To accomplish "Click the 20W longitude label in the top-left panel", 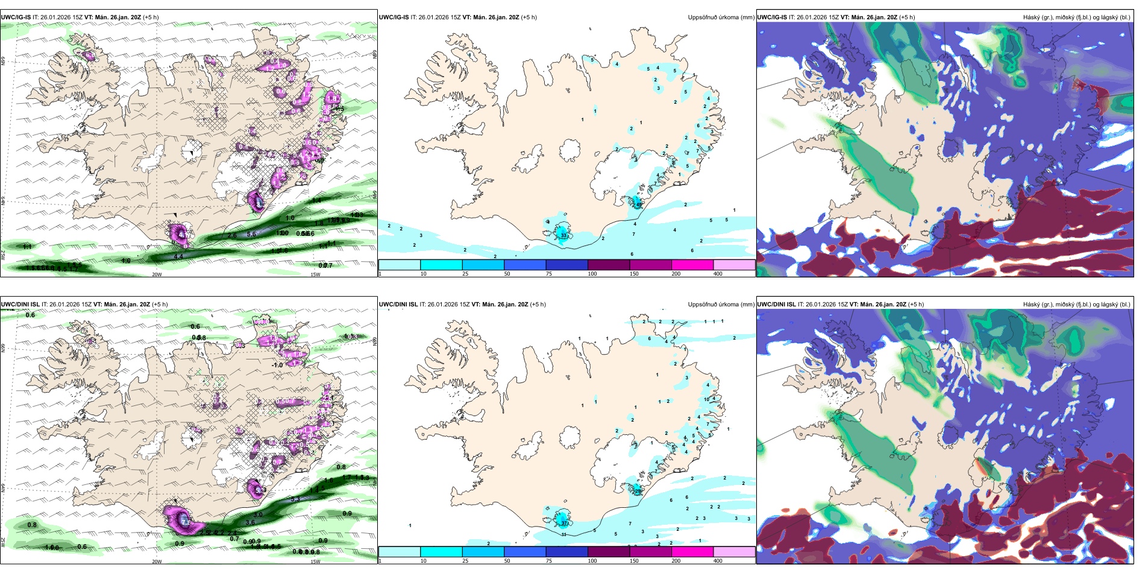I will click(157, 274).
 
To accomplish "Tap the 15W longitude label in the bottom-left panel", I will click(315, 562).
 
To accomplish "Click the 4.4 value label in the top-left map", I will click(178, 257).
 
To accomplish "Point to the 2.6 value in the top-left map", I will click(232, 235).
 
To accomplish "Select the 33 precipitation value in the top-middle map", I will click(563, 235).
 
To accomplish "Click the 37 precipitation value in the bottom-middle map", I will click(565, 523).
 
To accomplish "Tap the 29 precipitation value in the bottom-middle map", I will click(636, 492).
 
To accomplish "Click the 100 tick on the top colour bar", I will click(592, 274).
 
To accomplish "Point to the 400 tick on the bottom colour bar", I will click(718, 561).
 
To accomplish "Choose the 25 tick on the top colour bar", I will click(465, 274).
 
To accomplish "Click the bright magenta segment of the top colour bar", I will click(692, 265).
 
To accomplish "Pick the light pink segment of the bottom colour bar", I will click(734, 551).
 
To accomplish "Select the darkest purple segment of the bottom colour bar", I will click(608, 551).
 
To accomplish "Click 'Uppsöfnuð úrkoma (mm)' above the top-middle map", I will click(721, 17).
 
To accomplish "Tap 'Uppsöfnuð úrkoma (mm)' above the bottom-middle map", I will click(721, 305).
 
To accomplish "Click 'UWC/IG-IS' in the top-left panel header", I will click(16, 17).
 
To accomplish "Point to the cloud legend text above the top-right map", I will click(1076, 17).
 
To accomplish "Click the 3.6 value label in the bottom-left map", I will click(250, 522).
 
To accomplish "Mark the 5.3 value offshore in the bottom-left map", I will click(295, 499).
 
